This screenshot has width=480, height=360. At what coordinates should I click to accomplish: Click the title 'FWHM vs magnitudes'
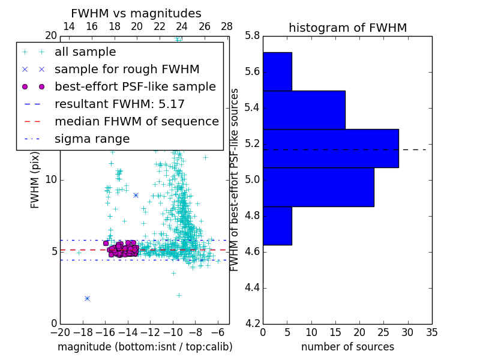click(x=136, y=14)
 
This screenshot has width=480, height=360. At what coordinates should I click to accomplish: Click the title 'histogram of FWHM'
click(x=347, y=28)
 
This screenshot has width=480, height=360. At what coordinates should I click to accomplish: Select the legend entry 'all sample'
click(x=85, y=52)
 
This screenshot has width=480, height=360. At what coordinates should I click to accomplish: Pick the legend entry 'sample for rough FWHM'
click(x=127, y=69)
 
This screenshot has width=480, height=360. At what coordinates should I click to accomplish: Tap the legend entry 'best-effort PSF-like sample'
click(x=135, y=86)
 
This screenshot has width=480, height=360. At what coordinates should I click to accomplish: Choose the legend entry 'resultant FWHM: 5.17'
click(x=119, y=104)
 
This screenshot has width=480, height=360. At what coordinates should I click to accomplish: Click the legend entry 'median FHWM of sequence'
click(x=136, y=121)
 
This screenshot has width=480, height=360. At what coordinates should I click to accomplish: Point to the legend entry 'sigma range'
click(x=92, y=139)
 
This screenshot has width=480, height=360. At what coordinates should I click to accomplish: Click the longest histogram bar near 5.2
click(x=331, y=148)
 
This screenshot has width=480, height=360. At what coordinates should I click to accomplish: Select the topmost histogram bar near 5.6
click(x=277, y=71)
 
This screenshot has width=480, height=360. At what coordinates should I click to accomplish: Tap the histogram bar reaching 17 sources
click(x=304, y=110)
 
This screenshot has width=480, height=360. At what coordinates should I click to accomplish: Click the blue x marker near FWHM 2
click(x=87, y=298)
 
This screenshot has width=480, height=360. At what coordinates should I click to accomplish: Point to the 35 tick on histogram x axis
click(x=432, y=332)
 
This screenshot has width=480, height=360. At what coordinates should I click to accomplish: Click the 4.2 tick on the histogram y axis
click(x=253, y=324)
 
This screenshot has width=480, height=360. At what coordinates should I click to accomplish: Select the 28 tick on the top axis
click(x=227, y=26)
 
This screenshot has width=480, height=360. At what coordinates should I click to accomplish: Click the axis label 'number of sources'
click(x=347, y=347)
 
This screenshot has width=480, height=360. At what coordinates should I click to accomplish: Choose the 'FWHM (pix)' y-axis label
click(x=35, y=179)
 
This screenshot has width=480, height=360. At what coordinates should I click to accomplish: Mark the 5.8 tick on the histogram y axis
click(x=253, y=36)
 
